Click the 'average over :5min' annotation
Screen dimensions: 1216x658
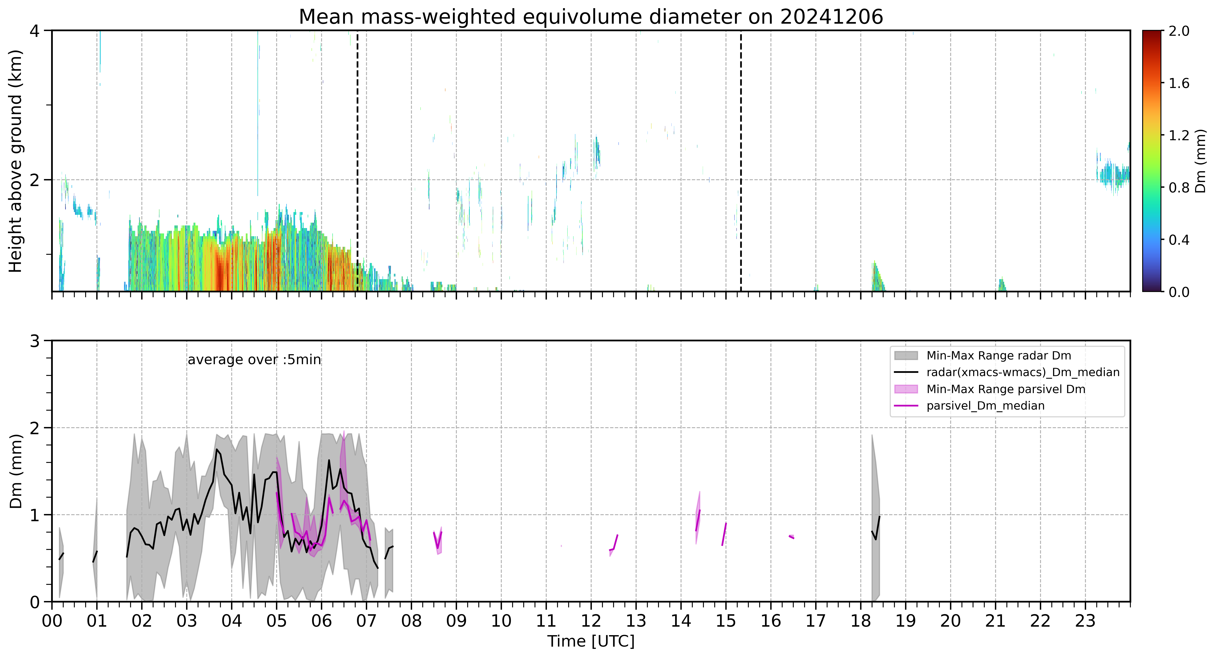tap(254, 360)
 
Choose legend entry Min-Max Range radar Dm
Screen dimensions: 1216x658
tap(998, 356)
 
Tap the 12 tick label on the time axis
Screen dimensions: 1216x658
tap(591, 621)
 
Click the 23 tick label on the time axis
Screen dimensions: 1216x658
tap(1085, 621)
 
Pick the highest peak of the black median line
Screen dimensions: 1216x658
tap(217, 450)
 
